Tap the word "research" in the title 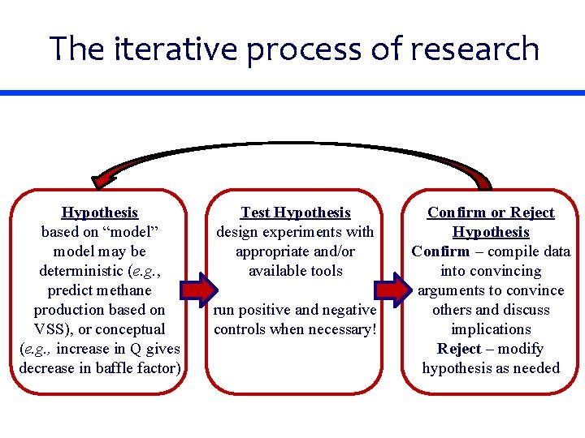(475, 49)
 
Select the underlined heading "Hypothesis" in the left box (100, 213)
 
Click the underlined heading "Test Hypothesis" (295, 213)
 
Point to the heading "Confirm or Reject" (491, 213)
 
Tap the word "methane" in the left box (122, 290)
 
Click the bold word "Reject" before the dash (459, 349)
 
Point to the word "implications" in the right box (491, 329)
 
